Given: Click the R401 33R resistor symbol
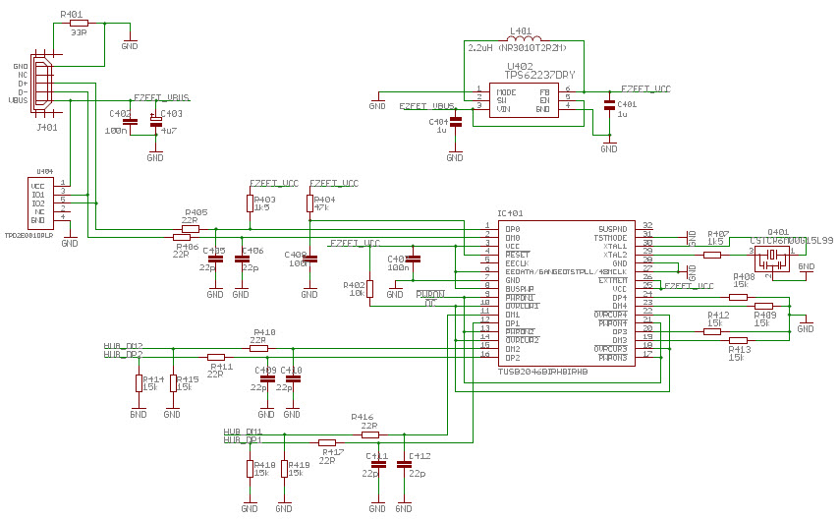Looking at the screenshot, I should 79,22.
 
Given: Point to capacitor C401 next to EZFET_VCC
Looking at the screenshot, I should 609,104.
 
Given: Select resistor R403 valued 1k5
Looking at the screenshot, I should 250,202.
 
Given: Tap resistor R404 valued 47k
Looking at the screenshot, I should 309,202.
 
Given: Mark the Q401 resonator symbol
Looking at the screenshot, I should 772,256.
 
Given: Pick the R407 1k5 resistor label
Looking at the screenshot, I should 716,237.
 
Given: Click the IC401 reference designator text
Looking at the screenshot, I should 510,213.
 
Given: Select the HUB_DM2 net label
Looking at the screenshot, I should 123,346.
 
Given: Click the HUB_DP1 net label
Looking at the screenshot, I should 242,440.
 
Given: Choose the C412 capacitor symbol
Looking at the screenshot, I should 403,464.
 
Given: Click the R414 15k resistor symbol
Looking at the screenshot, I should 139,382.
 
